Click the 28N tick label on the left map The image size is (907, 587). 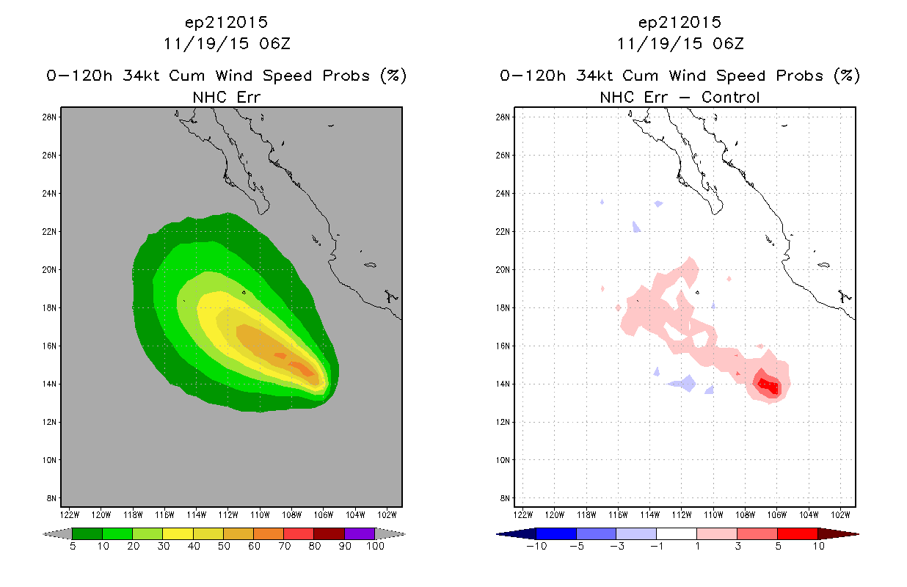point(49,117)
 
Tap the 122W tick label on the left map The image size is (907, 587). point(70,515)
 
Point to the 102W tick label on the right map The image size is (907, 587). point(841,515)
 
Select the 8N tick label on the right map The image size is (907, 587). point(505,498)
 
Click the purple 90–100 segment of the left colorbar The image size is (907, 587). point(360,533)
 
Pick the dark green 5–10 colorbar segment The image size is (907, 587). point(87,533)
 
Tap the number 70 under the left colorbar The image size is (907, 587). point(284,546)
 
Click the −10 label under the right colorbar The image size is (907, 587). point(536,546)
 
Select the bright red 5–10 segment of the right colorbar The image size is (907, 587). point(797,533)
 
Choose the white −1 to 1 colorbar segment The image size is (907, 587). point(677,533)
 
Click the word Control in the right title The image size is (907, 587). point(730,98)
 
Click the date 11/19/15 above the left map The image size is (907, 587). point(206,44)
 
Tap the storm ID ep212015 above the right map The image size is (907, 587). point(680,23)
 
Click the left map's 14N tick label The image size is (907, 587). point(49,384)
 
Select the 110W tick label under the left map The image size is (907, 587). point(260,515)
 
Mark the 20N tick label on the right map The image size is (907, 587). point(503,269)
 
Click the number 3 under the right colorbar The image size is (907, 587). point(737,546)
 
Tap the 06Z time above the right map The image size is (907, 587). point(728,44)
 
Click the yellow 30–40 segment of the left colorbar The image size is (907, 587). point(178,533)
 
